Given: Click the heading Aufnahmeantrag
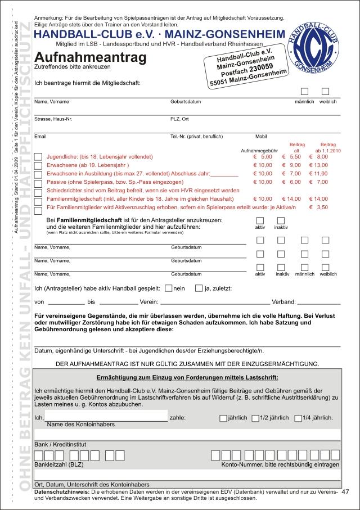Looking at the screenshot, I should tap(90, 57).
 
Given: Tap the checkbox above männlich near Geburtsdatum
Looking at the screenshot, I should tap(304, 91).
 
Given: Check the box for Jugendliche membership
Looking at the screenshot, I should tap(38, 156).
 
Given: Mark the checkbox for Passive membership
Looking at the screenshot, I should tap(38, 183).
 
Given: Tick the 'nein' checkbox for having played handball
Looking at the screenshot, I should tap(168, 288).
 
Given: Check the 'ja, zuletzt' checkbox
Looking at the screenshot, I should tap(199, 288).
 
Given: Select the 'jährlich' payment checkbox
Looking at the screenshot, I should tap(223, 418).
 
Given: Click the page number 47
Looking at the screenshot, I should tap(345, 492).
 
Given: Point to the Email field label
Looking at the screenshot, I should tap(40, 137).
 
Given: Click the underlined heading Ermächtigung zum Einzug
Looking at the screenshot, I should tap(187, 377).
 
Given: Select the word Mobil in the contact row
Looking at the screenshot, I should tap(261, 137).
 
